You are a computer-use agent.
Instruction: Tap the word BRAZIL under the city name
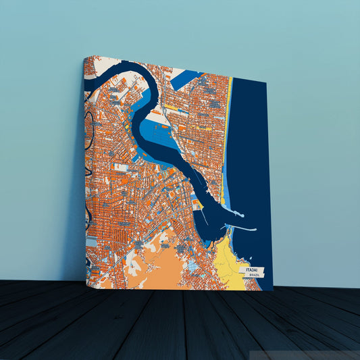[253, 276]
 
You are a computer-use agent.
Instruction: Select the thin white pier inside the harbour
[203, 216]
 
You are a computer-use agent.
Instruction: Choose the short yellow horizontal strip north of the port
[172, 107]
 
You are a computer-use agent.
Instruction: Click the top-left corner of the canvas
[84, 57]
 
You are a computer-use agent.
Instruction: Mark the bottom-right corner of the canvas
[272, 290]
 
